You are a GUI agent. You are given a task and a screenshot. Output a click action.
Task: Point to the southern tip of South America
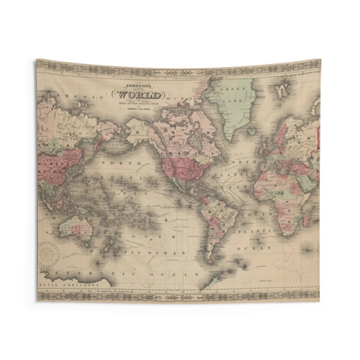[211, 259]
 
